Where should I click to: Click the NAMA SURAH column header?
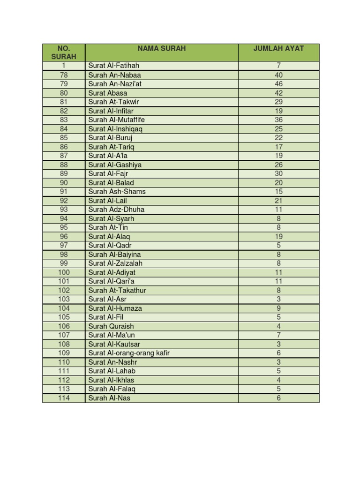click(161, 48)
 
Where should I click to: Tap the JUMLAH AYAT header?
click(278, 48)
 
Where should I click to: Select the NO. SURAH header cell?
click(64, 52)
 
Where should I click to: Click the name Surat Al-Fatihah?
click(114, 66)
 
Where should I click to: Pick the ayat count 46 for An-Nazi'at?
click(278, 84)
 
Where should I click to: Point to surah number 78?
click(64, 75)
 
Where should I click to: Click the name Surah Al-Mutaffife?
click(118, 120)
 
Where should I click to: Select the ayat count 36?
click(278, 120)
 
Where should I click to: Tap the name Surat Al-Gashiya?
click(115, 165)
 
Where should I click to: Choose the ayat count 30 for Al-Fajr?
click(278, 174)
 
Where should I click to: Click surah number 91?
click(64, 192)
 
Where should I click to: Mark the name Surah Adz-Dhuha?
click(116, 210)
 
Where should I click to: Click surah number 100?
click(64, 272)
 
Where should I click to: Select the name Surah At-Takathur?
click(117, 291)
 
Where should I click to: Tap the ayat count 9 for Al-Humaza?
click(278, 308)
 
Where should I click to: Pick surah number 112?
click(64, 380)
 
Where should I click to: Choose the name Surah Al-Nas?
click(109, 398)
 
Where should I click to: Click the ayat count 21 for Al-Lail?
click(278, 201)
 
